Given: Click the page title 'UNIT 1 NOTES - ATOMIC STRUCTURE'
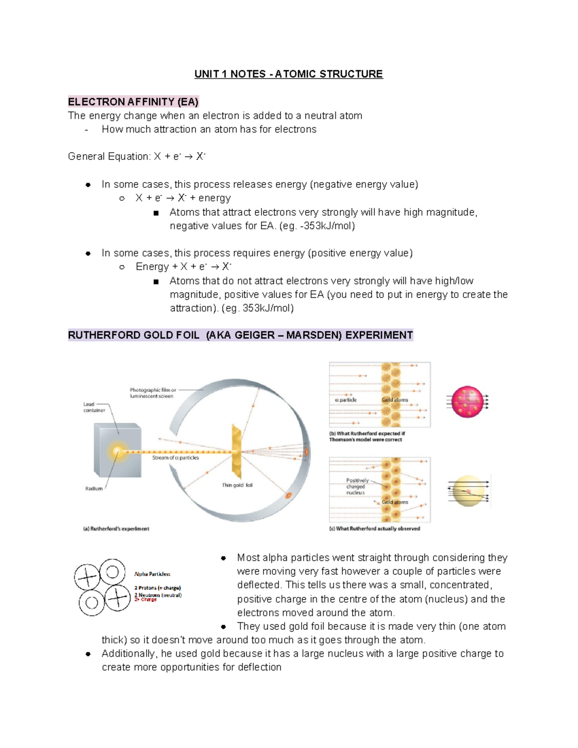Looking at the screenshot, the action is point(289,74).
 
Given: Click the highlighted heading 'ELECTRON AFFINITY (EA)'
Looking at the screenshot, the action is point(133,102).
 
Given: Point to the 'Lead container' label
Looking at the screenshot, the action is point(94,407).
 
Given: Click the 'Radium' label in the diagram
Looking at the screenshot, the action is point(94,488).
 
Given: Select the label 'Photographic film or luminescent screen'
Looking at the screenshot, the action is point(152,393).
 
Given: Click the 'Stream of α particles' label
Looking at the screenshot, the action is point(175,458).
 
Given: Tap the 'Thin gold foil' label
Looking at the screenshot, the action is point(237,485).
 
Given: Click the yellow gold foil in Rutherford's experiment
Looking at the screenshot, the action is point(236,452).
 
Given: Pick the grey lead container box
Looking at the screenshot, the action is point(117,450).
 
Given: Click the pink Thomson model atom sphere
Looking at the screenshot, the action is point(467,402).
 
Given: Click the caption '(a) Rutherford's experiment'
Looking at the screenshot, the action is point(116,529).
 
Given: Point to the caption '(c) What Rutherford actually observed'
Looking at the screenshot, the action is point(374,529).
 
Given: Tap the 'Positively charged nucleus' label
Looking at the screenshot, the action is point(357,486).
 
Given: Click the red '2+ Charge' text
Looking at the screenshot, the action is point(145,600).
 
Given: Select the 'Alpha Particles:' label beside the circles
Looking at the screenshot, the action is point(152,574).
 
